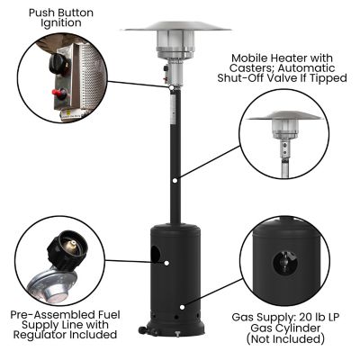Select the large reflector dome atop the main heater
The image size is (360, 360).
tap(175, 25)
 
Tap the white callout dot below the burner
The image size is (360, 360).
tap(170, 87)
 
